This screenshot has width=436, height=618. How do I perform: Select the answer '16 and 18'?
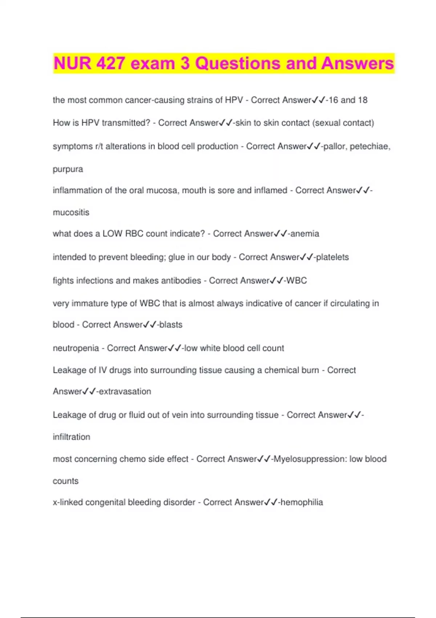point(348,100)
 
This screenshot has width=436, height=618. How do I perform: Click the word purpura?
point(68,169)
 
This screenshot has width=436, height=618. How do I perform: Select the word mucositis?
point(71,212)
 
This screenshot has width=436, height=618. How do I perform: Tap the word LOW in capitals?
point(112,233)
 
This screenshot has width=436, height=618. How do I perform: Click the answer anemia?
point(305,233)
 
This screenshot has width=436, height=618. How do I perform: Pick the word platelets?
point(332,257)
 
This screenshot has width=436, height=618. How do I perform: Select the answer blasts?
point(171,324)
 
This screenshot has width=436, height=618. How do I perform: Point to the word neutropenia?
point(76,348)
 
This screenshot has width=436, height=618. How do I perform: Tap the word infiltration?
point(71,437)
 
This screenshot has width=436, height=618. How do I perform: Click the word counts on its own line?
point(65,481)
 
